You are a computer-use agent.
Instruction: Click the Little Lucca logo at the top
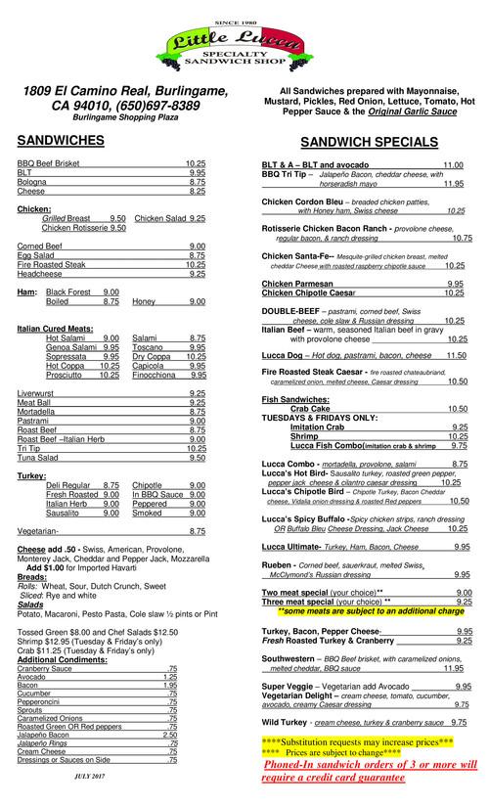coord(244,43)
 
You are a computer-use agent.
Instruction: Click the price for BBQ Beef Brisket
coord(196,162)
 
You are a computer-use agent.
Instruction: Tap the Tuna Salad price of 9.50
coord(196,457)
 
